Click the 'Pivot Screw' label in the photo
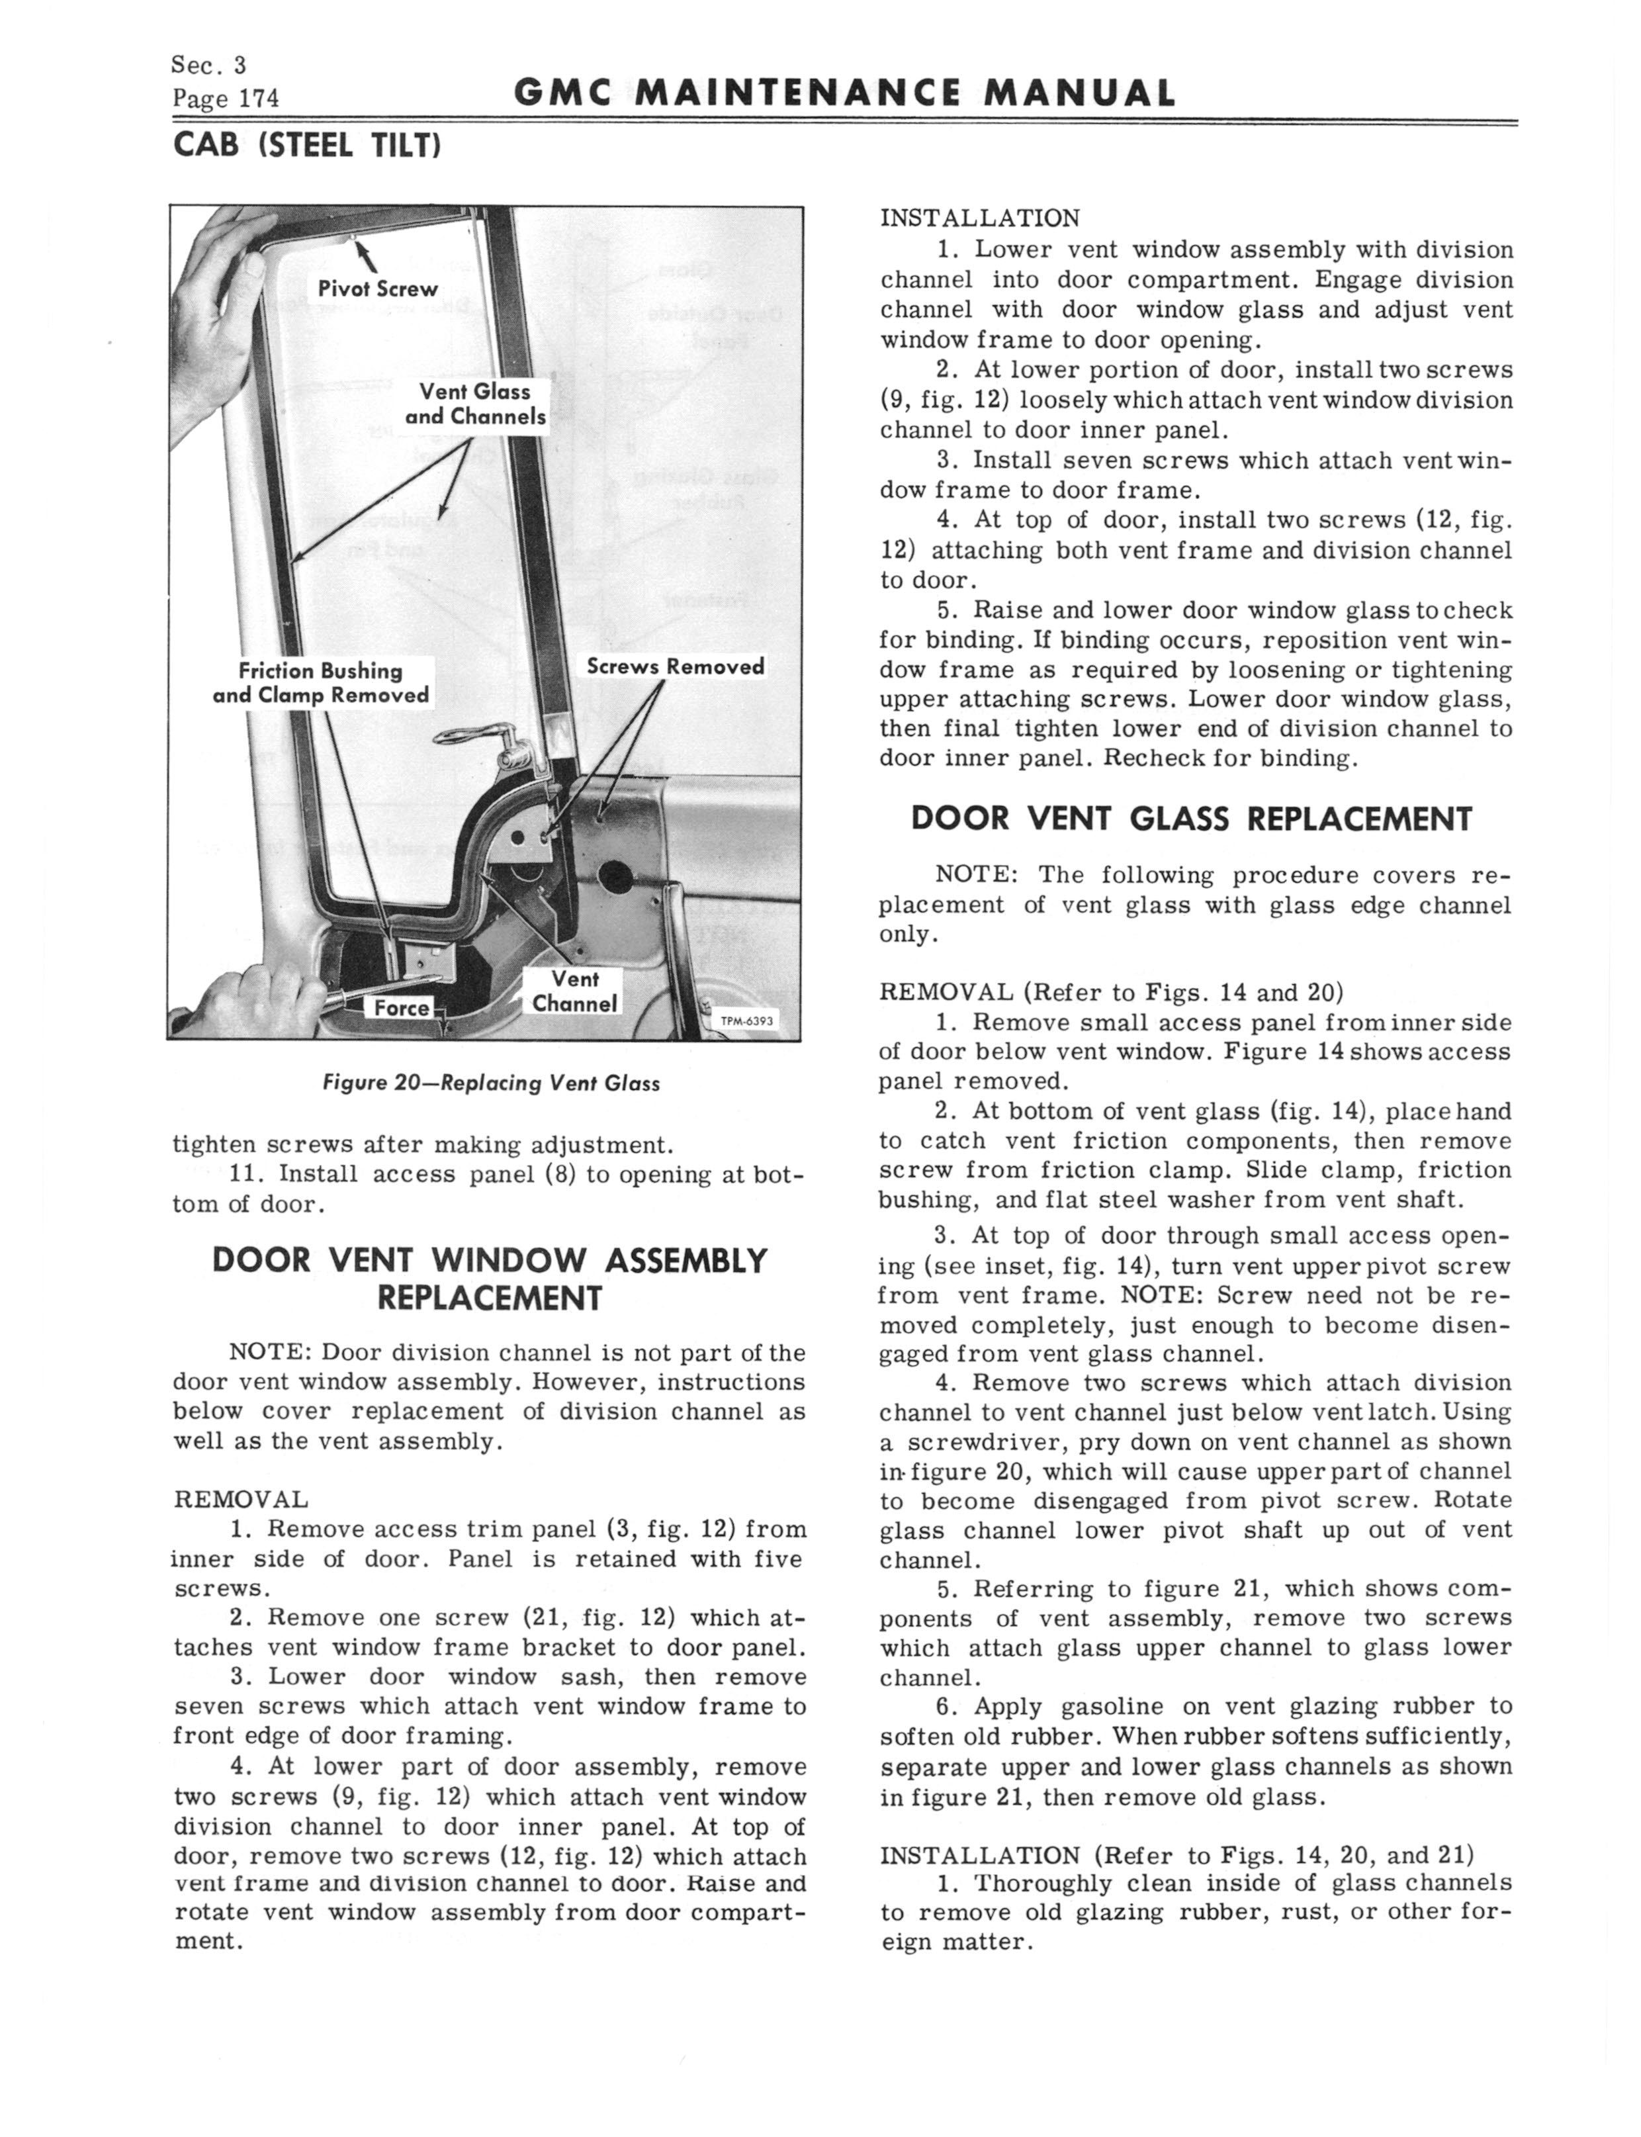coord(378,289)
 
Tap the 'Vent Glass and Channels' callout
coord(476,403)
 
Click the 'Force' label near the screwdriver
coord(402,1008)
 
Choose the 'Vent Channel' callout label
coord(574,991)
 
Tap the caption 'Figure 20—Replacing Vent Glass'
coord(492,1083)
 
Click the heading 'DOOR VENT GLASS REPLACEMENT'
coord(1190,819)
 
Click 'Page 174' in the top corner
coord(226,99)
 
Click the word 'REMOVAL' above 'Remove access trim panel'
coord(240,1499)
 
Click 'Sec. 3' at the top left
coord(208,66)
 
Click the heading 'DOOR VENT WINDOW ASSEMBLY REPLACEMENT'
coord(490,1279)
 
